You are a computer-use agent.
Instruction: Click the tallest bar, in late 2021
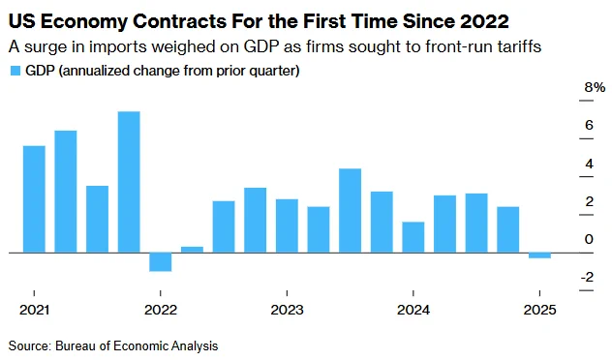[x=129, y=182]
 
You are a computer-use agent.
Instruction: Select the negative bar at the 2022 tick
[x=161, y=262]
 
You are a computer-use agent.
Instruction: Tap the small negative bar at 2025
[x=539, y=255]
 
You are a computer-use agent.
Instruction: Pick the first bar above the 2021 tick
[x=34, y=199]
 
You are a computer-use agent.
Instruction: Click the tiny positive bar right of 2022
[x=192, y=250]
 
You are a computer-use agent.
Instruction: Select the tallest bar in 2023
[x=351, y=211]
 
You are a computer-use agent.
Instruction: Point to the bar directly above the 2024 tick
[x=413, y=237]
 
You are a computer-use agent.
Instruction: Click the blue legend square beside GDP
[x=15, y=71]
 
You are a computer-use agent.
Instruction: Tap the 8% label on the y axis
[x=595, y=87]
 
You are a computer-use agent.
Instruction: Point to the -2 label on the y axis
[x=588, y=278]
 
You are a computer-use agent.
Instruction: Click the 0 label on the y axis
[x=589, y=239]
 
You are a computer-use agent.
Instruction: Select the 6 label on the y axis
[x=589, y=125]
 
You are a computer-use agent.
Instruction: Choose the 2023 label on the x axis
[x=287, y=310]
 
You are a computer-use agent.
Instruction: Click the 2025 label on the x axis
[x=539, y=310]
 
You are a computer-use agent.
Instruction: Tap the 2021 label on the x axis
[x=34, y=310]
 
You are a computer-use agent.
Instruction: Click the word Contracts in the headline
[x=179, y=21]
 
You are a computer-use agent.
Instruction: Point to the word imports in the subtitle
[x=118, y=47]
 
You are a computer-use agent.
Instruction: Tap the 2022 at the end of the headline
[x=484, y=21]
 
